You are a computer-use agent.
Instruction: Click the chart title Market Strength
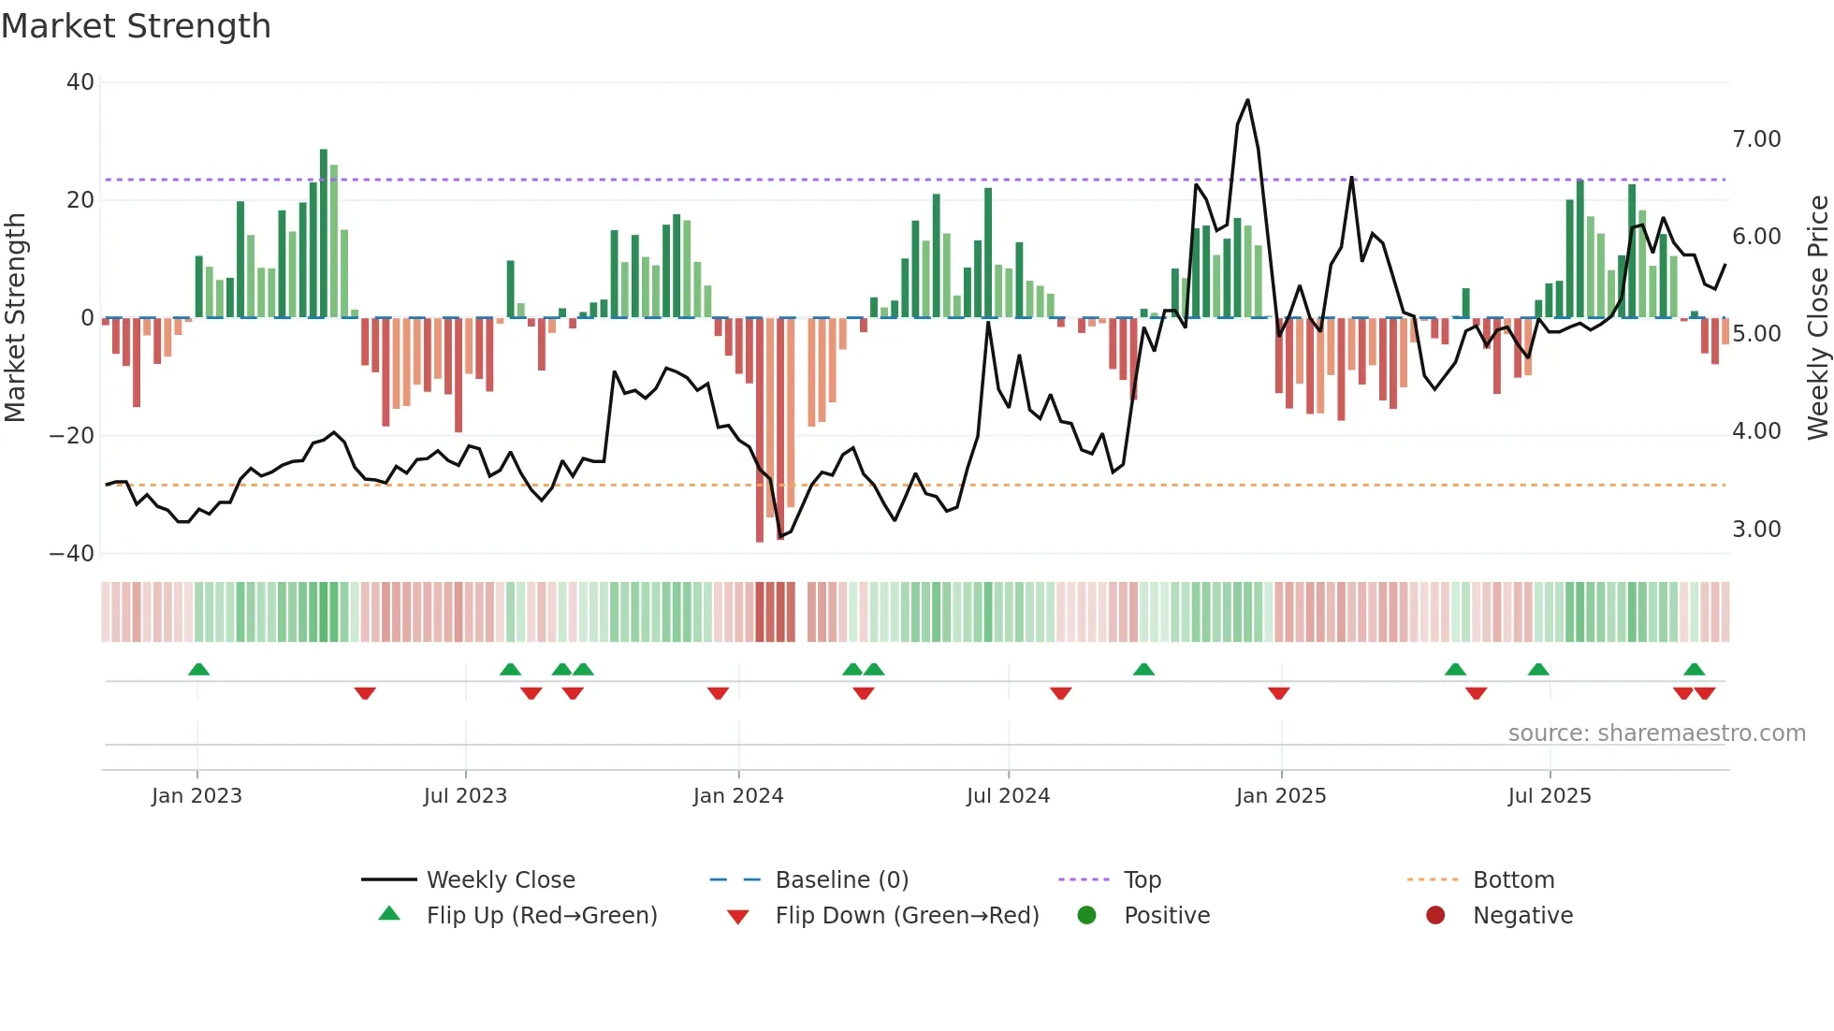(136, 26)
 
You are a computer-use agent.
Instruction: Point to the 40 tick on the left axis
(80, 82)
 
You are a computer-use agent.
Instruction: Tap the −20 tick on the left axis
(72, 435)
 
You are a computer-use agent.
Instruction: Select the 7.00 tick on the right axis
(1756, 139)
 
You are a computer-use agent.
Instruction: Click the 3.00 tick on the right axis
(1756, 530)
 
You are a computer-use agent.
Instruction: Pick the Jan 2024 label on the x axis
(738, 796)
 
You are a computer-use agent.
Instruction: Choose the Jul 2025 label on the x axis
(1550, 796)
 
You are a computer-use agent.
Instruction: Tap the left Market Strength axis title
(16, 318)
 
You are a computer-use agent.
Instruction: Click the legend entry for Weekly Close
(501, 880)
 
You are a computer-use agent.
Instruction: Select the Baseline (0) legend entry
(841, 880)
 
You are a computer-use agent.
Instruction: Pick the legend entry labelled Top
(1142, 880)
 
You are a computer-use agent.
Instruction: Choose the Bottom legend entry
(1513, 880)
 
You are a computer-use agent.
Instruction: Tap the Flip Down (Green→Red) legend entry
(907, 916)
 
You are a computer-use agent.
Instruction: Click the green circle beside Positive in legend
(1086, 916)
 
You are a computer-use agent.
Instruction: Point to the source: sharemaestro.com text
(1656, 733)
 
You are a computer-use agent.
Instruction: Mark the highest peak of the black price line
(1247, 100)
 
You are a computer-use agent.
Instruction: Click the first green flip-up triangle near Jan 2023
(198, 669)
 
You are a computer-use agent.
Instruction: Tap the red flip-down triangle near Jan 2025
(1279, 693)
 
